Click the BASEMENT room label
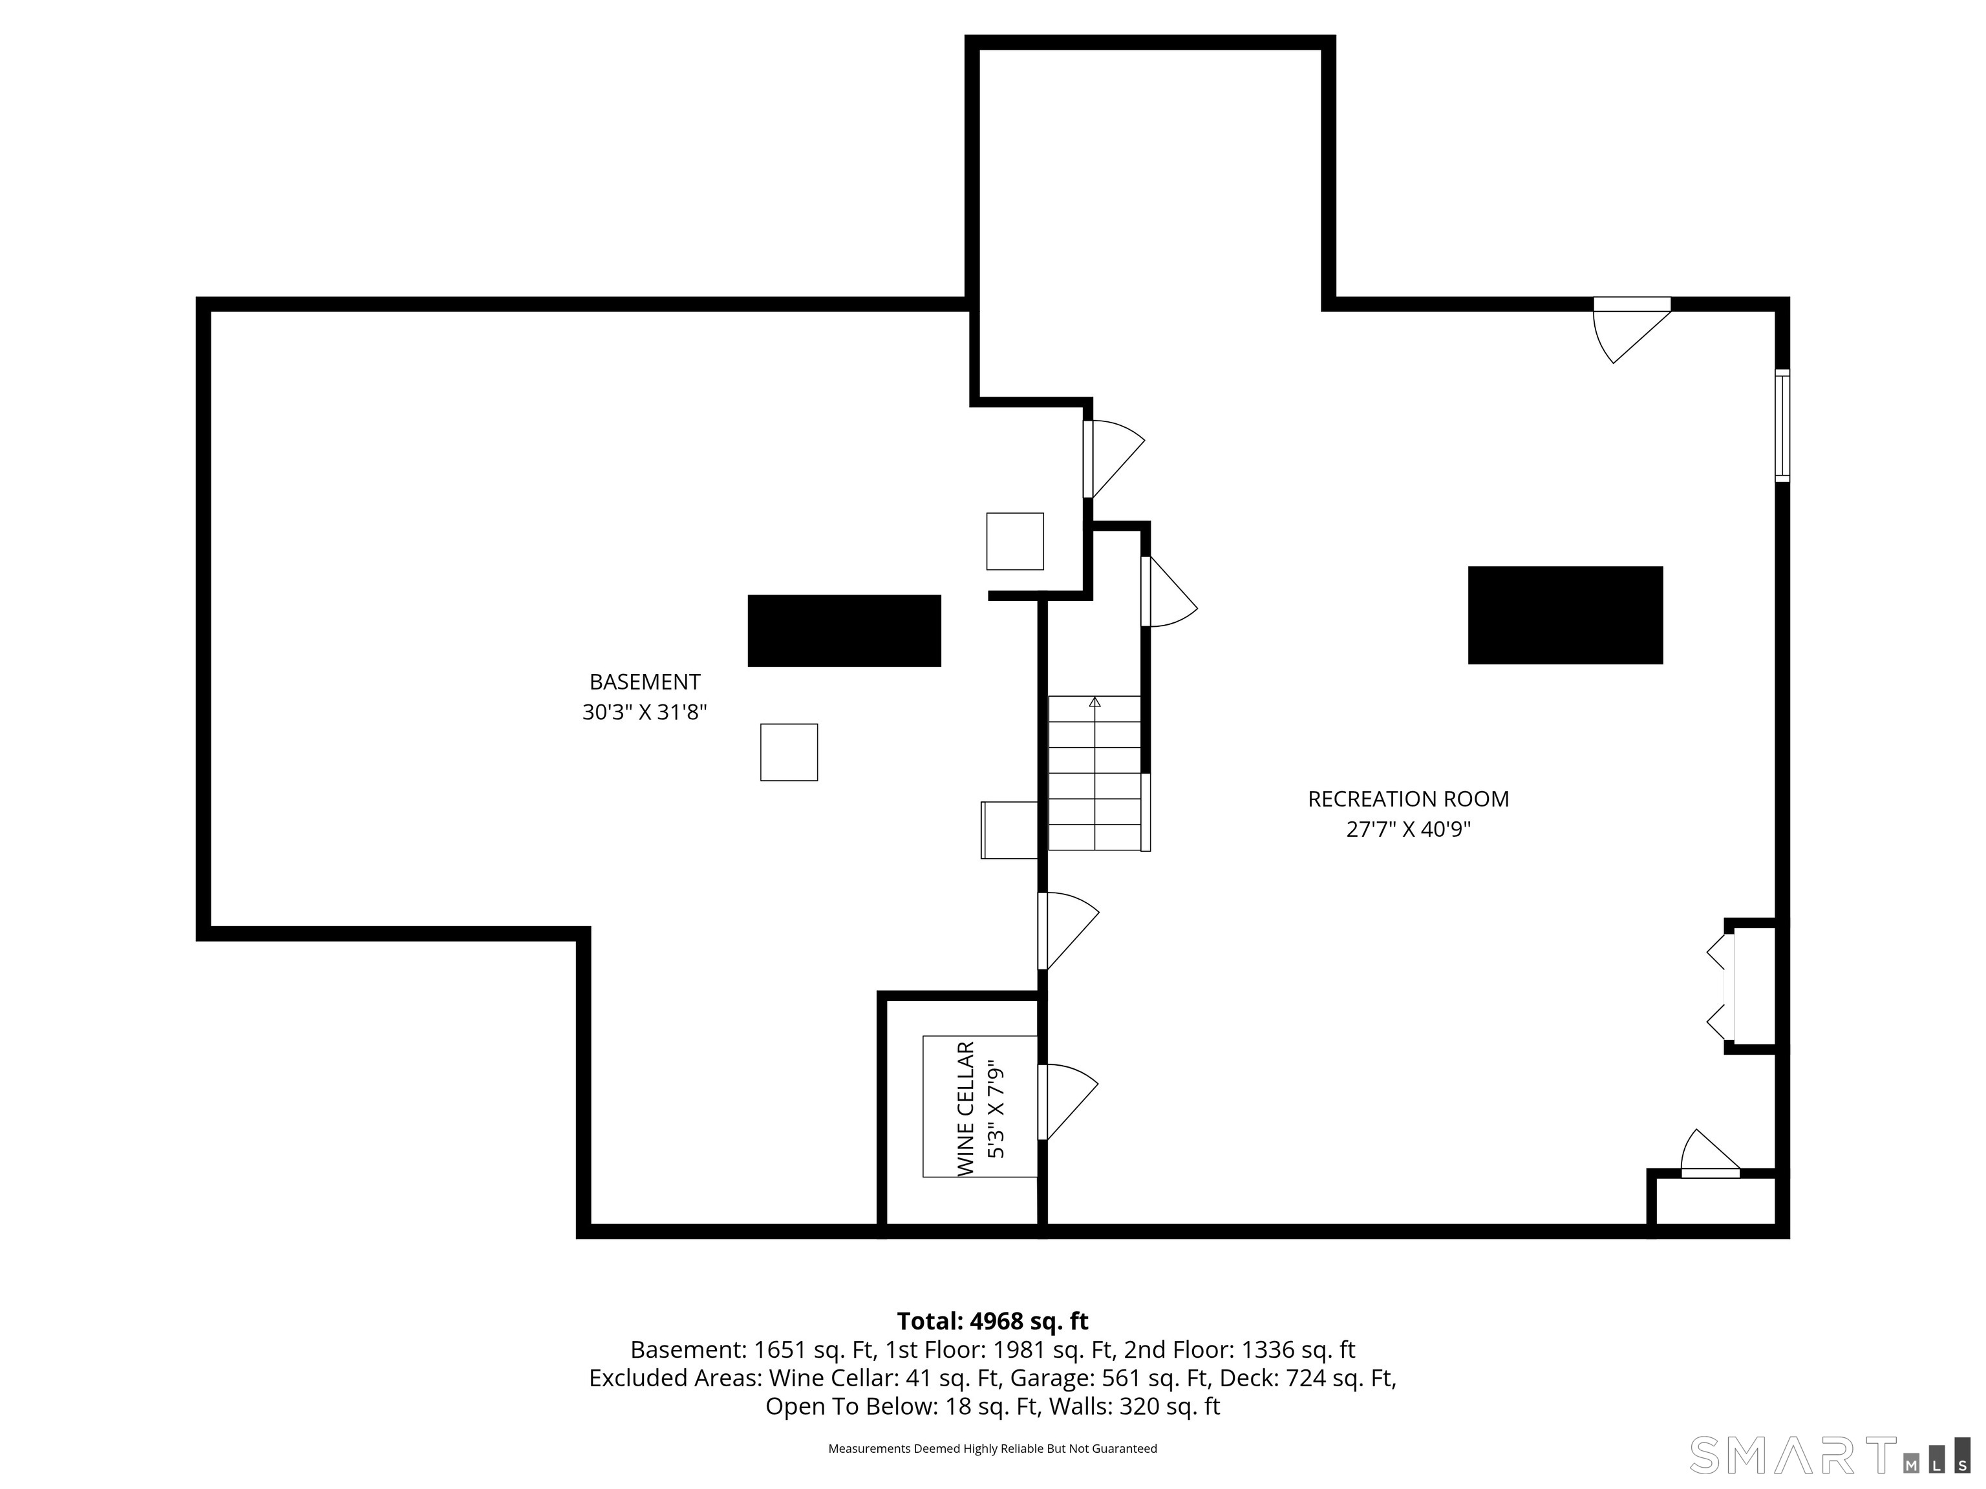click(645, 682)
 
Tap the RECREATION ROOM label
click(1408, 799)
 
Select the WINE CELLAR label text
click(966, 1108)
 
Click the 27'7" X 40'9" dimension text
click(1408, 829)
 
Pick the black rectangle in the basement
click(844, 631)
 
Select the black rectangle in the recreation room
click(1565, 615)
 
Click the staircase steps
click(1094, 773)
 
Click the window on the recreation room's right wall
click(1782, 425)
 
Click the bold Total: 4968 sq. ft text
click(992, 1321)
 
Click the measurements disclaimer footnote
click(992, 1449)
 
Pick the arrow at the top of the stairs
click(1094, 702)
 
